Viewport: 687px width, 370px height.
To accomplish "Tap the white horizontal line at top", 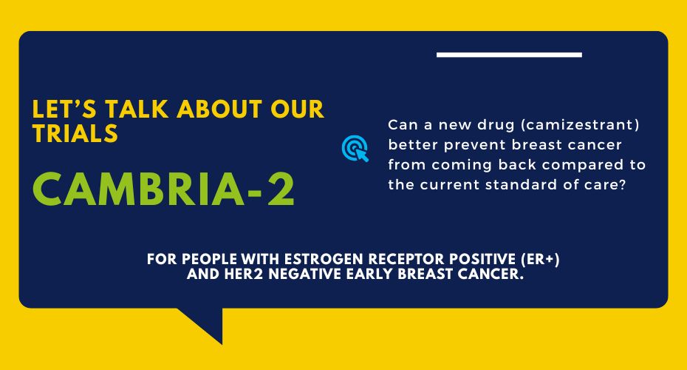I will (509, 55).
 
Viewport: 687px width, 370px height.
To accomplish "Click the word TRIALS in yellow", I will (75, 132).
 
